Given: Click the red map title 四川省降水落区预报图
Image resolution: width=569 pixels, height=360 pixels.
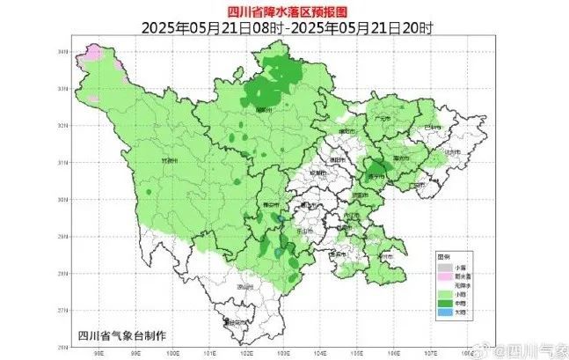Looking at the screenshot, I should pos(283,11).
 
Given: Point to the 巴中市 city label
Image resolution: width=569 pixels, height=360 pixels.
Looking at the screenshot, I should pos(431,129).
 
